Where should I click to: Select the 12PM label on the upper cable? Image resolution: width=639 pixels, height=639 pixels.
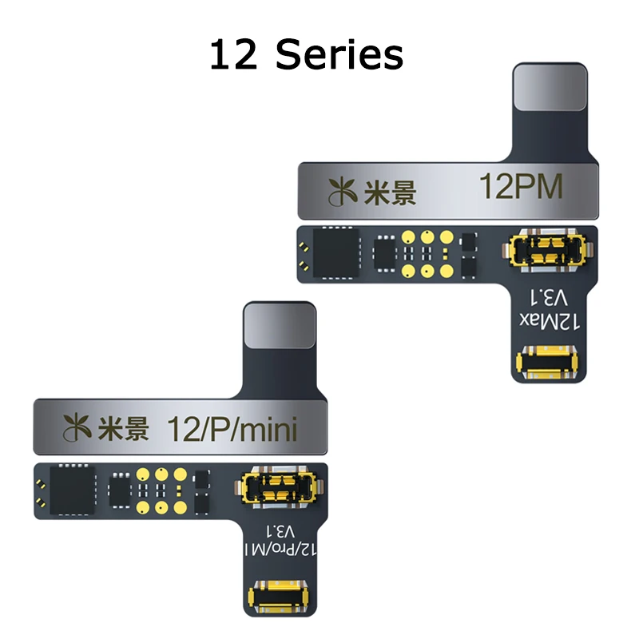click(x=520, y=189)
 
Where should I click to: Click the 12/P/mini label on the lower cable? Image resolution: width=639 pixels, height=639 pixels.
click(x=232, y=429)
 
